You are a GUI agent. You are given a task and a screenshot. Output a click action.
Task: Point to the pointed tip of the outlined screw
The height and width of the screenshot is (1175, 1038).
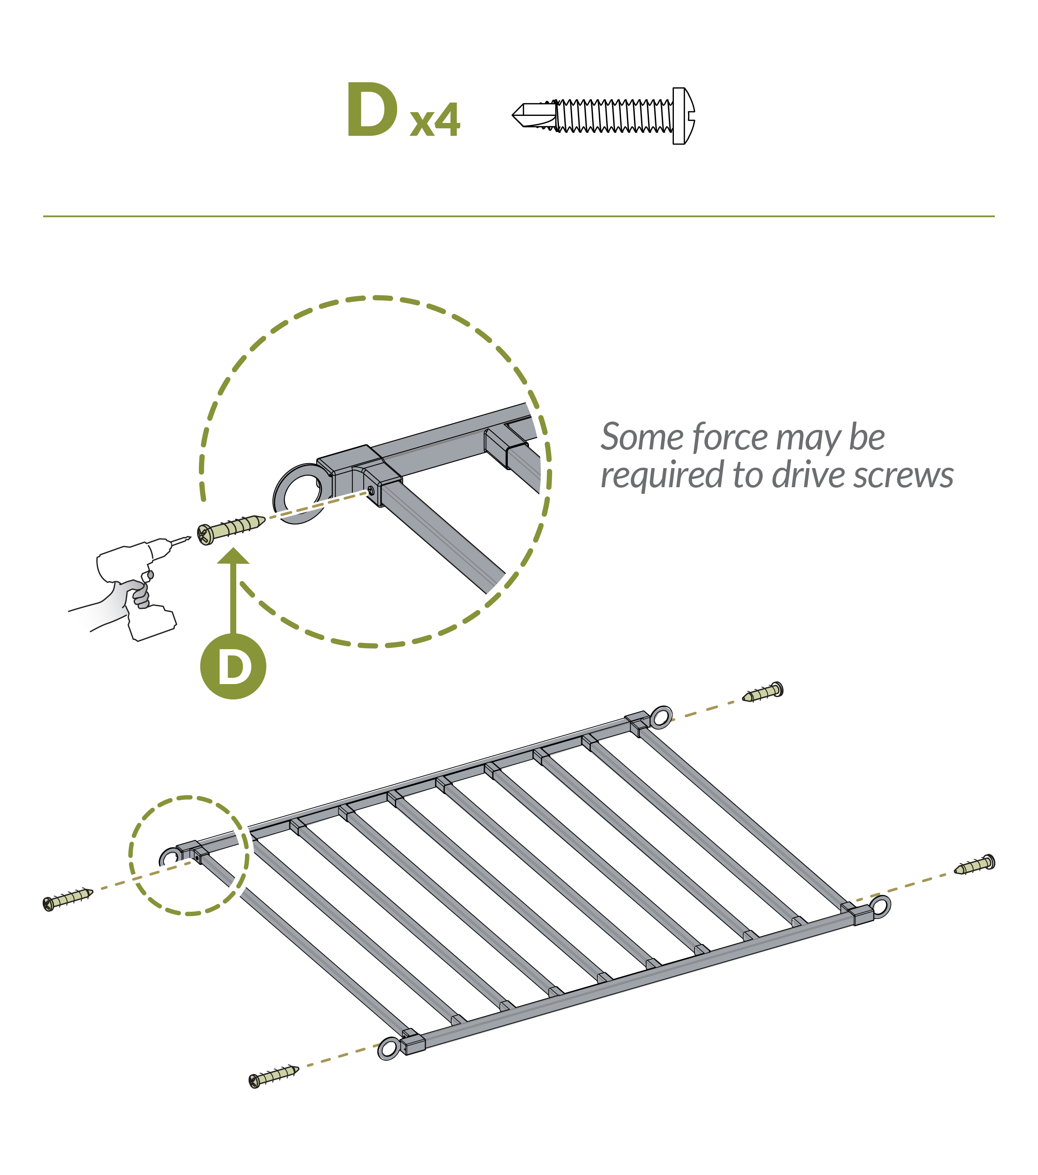pyautogui.click(x=517, y=115)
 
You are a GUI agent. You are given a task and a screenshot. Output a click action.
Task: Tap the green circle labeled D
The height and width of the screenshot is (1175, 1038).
pyautogui.click(x=233, y=667)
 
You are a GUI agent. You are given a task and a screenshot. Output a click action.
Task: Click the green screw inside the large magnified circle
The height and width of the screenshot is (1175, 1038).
pyautogui.click(x=230, y=528)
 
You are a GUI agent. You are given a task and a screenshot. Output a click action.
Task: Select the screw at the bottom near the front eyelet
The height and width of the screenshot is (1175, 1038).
pyautogui.click(x=274, y=1076)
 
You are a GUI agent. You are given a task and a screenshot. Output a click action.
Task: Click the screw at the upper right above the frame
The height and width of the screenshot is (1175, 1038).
pyautogui.click(x=763, y=693)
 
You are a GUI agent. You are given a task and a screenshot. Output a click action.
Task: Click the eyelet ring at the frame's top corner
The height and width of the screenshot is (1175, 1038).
pyautogui.click(x=661, y=717)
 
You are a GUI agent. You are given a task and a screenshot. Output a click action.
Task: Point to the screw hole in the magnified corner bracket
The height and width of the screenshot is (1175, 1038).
pyautogui.click(x=371, y=491)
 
